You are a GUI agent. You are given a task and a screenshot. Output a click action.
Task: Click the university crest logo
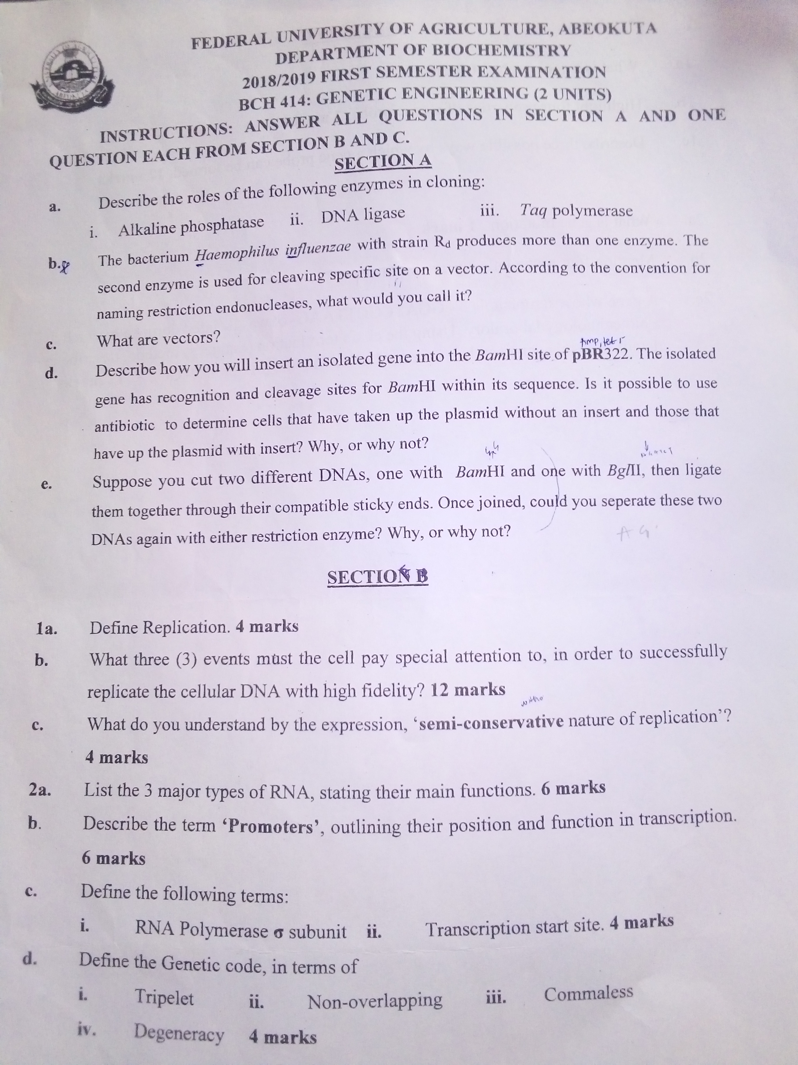pyautogui.click(x=72, y=77)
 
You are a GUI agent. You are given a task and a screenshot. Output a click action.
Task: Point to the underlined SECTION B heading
pyautogui.click(x=377, y=577)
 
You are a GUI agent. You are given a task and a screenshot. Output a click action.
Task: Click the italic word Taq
pyautogui.click(x=532, y=210)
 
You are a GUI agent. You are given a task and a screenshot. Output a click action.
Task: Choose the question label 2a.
pyautogui.click(x=40, y=790)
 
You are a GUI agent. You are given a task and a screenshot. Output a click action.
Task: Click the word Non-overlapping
pyautogui.click(x=375, y=1001)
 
